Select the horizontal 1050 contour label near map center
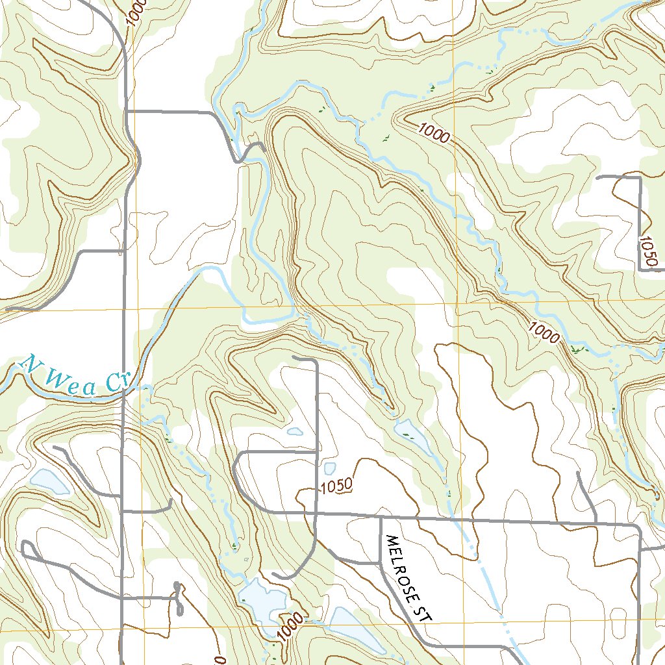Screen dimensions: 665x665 pos(336,484)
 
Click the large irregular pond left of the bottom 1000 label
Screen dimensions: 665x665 pos(259,601)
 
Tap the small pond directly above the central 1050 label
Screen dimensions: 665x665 pos(329,468)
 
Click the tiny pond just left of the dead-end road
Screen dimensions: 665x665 pos(295,431)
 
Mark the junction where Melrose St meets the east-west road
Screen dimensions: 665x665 pos(380,518)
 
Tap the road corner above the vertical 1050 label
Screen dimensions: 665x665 pos(640,177)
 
